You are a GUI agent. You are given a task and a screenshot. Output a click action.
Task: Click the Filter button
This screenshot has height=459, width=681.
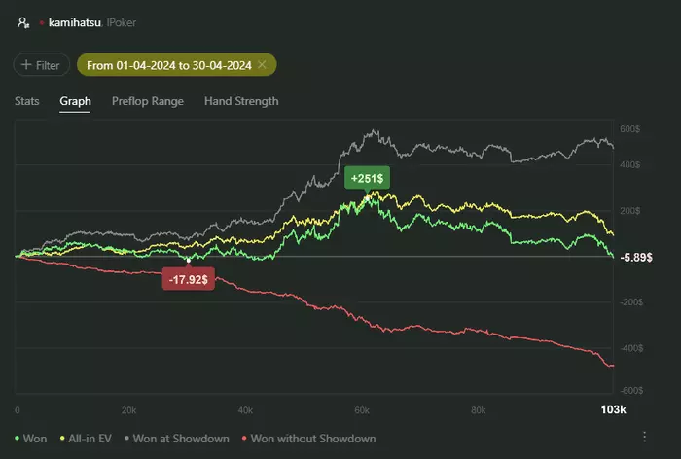(x=41, y=65)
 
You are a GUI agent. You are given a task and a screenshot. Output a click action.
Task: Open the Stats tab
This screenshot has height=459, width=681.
(x=27, y=101)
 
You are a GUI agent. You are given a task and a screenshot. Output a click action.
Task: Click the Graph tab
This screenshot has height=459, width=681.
(x=75, y=101)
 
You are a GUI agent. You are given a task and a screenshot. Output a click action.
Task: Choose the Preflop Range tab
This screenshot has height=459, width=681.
(x=147, y=101)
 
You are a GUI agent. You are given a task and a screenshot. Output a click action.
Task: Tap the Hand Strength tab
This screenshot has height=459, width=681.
(x=241, y=101)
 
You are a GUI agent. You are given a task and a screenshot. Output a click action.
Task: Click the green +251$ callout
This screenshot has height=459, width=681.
(x=368, y=178)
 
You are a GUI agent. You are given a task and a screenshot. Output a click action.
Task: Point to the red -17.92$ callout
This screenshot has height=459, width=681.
(x=189, y=279)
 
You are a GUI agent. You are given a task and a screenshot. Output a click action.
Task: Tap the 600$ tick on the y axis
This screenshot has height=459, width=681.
(x=629, y=128)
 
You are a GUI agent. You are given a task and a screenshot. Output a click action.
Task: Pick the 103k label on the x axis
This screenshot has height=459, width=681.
(x=614, y=410)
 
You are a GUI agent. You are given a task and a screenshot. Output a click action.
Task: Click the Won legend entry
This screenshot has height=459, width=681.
(x=32, y=439)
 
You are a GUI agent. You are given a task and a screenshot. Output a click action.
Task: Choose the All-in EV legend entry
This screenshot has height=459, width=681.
(x=87, y=439)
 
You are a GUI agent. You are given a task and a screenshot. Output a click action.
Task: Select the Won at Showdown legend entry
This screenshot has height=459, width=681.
(x=179, y=439)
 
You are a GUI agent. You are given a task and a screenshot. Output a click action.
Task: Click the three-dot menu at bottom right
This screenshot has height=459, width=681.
(x=644, y=437)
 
